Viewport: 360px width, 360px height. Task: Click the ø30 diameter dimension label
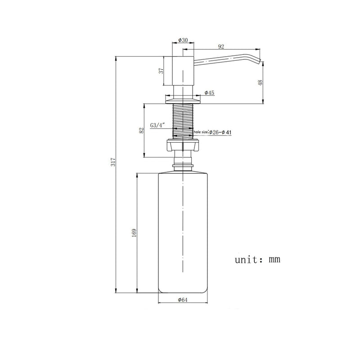pyautogui.click(x=183, y=40)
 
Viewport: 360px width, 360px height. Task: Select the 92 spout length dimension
pyautogui.click(x=221, y=47)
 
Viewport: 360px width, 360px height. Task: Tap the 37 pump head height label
pyautogui.click(x=162, y=71)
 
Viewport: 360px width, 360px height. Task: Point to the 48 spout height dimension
pyautogui.click(x=261, y=83)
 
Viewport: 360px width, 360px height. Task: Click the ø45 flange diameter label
pyautogui.click(x=209, y=93)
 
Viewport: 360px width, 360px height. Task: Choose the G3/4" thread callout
pyautogui.click(x=158, y=126)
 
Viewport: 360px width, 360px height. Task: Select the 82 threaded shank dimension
pyautogui.click(x=142, y=130)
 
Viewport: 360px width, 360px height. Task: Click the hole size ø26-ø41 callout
pyautogui.click(x=212, y=132)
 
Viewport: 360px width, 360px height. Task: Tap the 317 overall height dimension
pyautogui.click(x=113, y=162)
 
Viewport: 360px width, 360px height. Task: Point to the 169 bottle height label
pyautogui.click(x=134, y=233)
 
